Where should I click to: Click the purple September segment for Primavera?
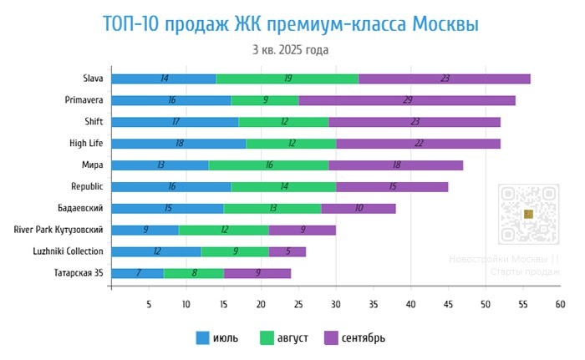(x=407, y=100)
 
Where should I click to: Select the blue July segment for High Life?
(x=179, y=144)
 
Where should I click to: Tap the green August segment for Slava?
(x=288, y=79)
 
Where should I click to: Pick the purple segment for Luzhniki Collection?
(x=287, y=251)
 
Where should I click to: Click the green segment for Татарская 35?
(x=194, y=273)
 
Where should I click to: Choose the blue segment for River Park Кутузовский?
(x=145, y=230)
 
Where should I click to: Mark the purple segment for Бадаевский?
(x=359, y=208)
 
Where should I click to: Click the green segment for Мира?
(x=268, y=165)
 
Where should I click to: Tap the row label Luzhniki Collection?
(x=69, y=251)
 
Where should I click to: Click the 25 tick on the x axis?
(x=298, y=305)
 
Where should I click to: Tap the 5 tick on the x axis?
(x=149, y=305)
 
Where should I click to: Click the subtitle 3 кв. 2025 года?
(x=291, y=49)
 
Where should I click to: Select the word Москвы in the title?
(x=445, y=23)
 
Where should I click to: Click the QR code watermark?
(x=527, y=214)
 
